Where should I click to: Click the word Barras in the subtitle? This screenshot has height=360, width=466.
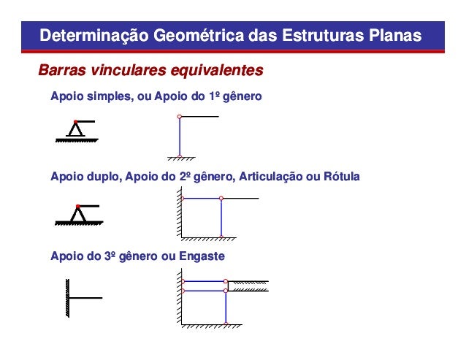tap(60, 72)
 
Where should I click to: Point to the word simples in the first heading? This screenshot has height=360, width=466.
tap(105, 96)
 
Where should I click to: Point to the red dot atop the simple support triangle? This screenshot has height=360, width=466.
tap(75, 122)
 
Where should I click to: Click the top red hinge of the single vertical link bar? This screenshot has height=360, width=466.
tap(179, 117)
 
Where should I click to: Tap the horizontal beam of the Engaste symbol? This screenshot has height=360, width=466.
tap(85, 297)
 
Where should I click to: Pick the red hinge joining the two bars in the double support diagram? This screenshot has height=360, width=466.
tap(221, 198)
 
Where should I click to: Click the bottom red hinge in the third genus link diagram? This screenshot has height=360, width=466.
tap(227, 323)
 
